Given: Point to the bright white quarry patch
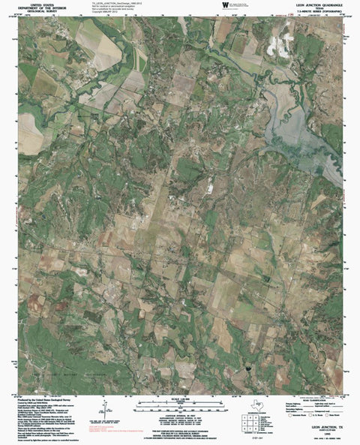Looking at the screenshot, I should tap(278, 47).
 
